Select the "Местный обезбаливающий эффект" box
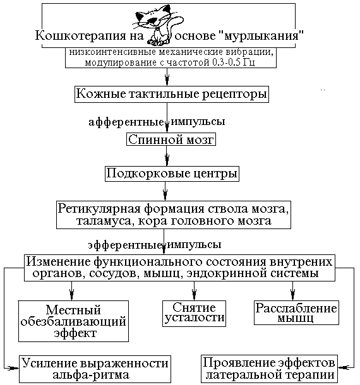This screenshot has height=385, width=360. point(75,321)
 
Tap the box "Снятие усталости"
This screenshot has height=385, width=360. point(194,312)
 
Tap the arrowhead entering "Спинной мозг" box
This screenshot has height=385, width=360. point(167,129)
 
